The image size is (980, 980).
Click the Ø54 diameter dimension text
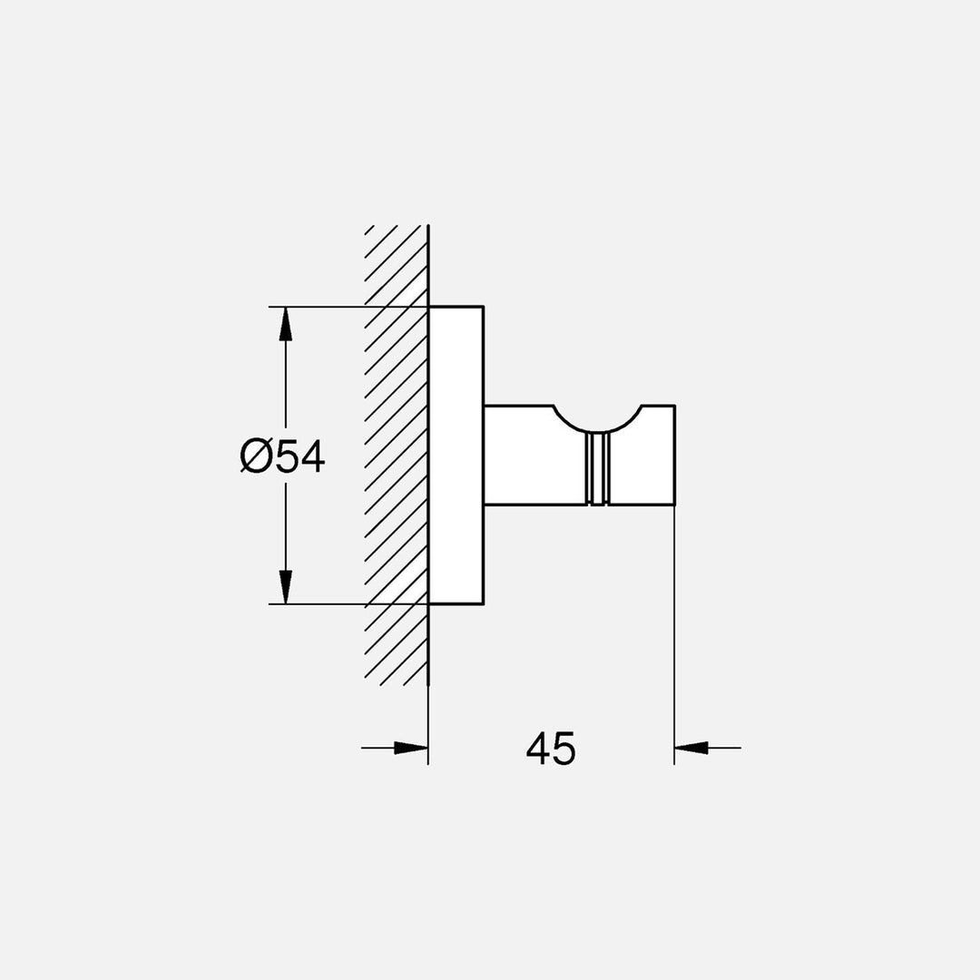pos(283,456)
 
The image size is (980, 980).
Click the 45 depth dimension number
pos(551,749)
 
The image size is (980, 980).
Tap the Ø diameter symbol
pos(256,456)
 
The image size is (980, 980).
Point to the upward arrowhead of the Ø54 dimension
pos(286,323)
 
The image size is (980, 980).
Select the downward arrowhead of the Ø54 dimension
pos(286,587)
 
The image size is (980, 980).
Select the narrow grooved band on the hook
pos(597,468)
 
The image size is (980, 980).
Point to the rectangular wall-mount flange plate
pos(456,455)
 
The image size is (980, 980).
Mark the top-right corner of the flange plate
pos(484,307)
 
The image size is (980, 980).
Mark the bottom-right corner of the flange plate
pos(484,603)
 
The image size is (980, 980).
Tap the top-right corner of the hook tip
pos(674,406)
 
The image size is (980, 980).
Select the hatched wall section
pos(396,454)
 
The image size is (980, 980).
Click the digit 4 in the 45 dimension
pos(538,749)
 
